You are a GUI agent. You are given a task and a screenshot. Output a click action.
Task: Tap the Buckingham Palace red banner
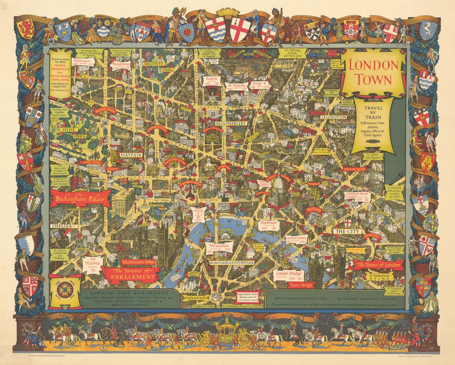(81, 199)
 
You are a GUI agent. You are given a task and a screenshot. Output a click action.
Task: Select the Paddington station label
(83, 62)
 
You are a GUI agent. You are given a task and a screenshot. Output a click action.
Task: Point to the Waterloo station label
(219, 247)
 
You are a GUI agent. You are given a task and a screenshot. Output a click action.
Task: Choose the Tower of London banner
(378, 265)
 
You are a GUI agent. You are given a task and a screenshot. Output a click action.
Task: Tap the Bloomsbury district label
(231, 123)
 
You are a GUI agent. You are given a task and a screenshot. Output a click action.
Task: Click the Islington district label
(333, 117)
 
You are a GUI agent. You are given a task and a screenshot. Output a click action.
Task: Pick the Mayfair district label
(131, 154)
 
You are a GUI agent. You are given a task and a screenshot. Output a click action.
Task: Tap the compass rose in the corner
(65, 291)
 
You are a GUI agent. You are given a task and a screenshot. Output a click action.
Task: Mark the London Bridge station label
(289, 275)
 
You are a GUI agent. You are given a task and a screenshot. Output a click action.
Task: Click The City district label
(348, 232)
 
